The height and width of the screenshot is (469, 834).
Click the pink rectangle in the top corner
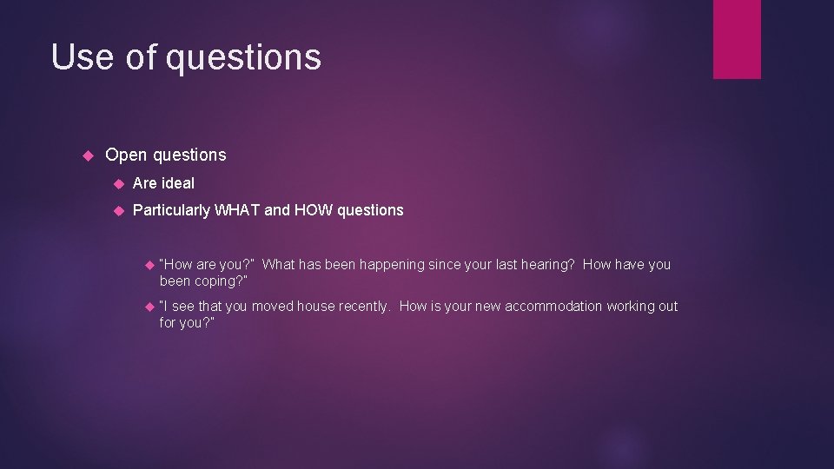pos(737,39)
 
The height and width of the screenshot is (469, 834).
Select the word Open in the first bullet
pos(126,155)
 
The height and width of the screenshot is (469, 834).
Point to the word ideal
pos(177,183)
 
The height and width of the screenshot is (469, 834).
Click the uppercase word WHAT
pos(237,210)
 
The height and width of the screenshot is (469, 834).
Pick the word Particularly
pos(171,210)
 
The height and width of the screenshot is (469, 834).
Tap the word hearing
pos(547,264)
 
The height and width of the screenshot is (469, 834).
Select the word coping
pos(212,281)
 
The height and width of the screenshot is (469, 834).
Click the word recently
pos(363,306)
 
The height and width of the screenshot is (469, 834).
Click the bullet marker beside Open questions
pos(87,155)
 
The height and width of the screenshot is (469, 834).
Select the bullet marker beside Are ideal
pos(117,183)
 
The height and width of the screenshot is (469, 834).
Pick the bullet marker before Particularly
pos(117,210)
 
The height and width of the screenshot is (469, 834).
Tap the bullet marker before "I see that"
pos(150,306)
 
